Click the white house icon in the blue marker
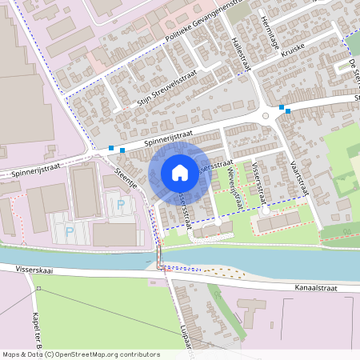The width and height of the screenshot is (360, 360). (x=180, y=173)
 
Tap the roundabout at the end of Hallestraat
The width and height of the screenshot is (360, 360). (x=265, y=116)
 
